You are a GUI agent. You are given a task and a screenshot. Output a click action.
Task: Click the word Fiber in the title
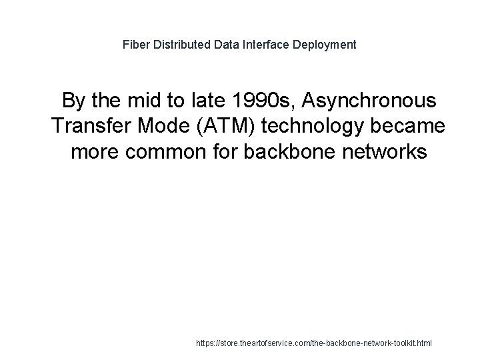(x=135, y=45)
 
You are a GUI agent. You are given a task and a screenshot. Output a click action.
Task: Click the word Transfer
(x=89, y=127)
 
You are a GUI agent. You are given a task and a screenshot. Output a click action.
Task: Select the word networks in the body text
(x=387, y=152)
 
